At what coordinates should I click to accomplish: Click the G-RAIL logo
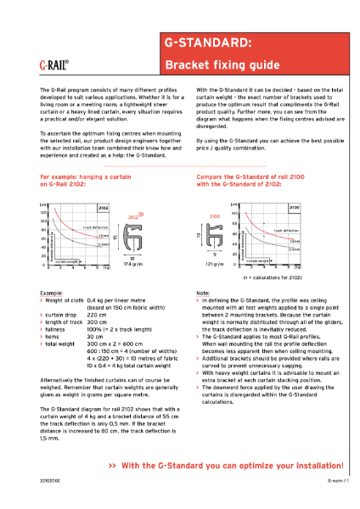pos(54,63)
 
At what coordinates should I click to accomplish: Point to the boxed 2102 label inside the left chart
pos(103,206)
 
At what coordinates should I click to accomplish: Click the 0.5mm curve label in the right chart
pos(294,249)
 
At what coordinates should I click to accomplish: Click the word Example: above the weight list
pos(52,292)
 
